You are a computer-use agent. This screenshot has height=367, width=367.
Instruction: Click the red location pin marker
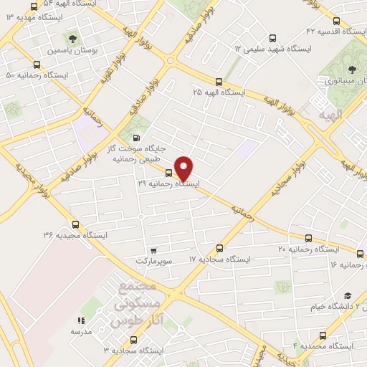click(184, 168)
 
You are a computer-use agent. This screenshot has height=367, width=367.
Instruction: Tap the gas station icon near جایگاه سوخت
click(137, 138)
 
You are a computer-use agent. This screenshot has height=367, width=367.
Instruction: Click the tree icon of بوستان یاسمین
click(71, 38)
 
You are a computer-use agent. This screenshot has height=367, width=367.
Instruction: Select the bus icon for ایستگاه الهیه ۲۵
click(219, 82)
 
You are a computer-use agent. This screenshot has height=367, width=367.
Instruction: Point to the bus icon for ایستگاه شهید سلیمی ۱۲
click(272, 38)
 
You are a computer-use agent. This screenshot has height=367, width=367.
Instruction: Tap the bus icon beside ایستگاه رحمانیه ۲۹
click(169, 172)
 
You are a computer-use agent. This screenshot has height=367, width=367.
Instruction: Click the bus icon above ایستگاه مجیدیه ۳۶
click(75, 224)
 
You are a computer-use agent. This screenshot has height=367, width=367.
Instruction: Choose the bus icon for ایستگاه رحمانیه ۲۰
click(308, 238)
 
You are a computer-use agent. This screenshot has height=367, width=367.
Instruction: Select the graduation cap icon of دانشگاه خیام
click(348, 296)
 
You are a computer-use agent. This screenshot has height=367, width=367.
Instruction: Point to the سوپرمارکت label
click(157, 259)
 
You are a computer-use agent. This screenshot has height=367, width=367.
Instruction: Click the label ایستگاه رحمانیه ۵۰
click(37, 75)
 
